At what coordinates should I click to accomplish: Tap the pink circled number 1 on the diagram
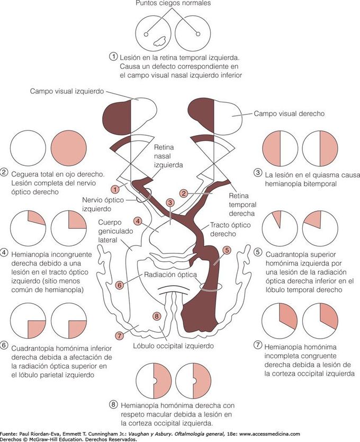pos(114,189)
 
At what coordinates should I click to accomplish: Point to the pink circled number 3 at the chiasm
pos(170,202)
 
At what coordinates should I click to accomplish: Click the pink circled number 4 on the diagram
pos(137,220)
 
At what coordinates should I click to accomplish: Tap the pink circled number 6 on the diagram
pos(120,285)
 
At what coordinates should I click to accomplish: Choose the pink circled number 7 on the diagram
pos(119,334)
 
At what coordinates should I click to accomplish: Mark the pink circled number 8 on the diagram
pos(156,316)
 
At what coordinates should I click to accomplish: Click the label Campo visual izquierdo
pos(74,91)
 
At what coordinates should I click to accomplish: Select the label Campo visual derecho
pos(289,113)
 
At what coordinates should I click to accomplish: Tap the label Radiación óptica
pos(171,275)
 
